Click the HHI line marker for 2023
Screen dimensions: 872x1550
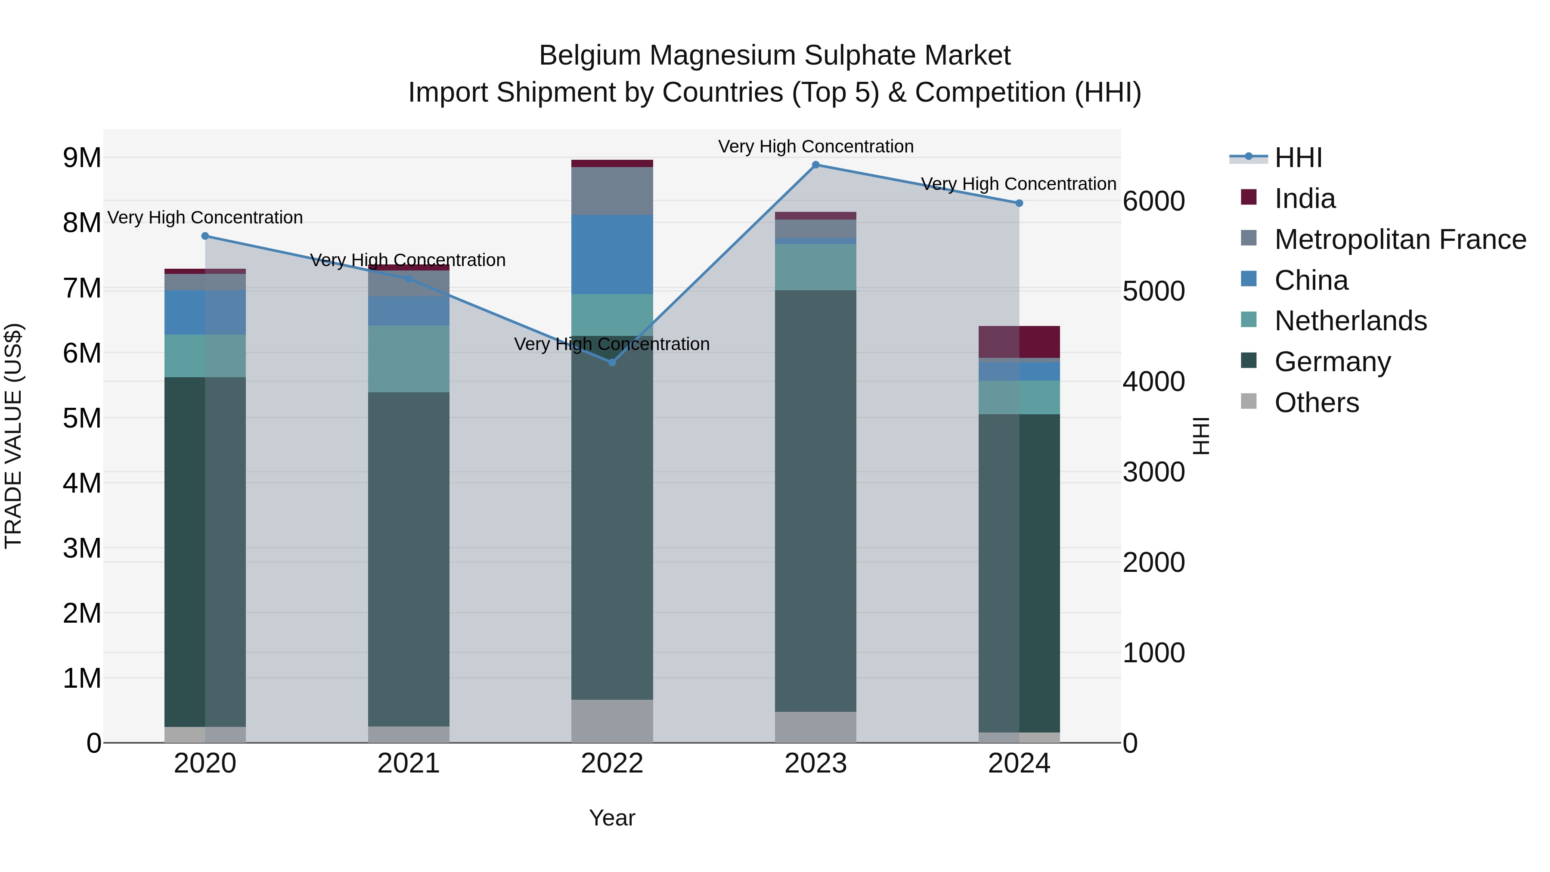coord(815,165)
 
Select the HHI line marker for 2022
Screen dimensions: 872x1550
coord(612,362)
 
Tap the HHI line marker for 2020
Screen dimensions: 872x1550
coord(205,236)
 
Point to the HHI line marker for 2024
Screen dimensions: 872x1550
coord(1019,203)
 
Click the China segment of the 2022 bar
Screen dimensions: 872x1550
coord(612,254)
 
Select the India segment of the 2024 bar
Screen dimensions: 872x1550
coord(1019,342)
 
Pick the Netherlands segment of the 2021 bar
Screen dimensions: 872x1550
coord(409,359)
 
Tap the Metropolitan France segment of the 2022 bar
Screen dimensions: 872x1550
coord(612,191)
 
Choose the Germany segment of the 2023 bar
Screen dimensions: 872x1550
coord(815,501)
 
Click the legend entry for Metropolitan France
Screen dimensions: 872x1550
coord(1400,239)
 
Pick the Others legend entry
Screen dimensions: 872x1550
coord(1316,403)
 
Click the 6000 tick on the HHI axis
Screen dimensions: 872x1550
coord(1153,201)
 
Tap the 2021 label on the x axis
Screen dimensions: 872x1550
coord(409,763)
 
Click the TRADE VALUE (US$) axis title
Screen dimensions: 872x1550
coord(13,436)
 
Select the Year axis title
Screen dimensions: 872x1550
coord(612,818)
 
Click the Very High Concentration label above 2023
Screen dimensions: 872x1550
coord(815,146)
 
